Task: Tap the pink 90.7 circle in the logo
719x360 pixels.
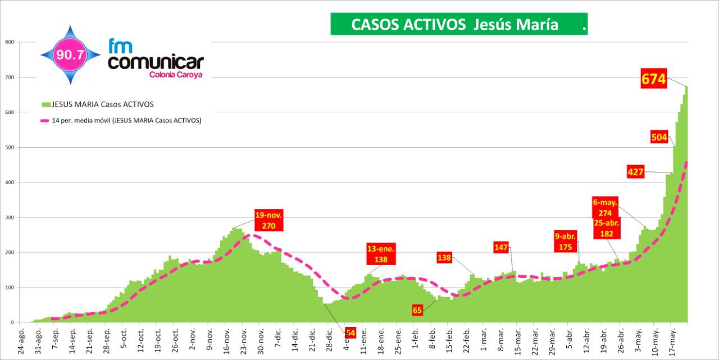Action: [x=70, y=55]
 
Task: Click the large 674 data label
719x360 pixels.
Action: [x=654, y=79]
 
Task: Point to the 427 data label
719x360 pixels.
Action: [x=635, y=172]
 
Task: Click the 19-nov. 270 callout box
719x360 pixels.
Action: [x=269, y=220]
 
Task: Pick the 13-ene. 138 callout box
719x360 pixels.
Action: [x=381, y=254]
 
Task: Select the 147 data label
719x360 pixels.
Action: [x=501, y=247]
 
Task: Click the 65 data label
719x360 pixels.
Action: [x=417, y=309]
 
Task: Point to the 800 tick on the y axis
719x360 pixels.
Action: [x=9, y=42]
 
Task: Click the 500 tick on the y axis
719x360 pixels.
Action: [x=9, y=147]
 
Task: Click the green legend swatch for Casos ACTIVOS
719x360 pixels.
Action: [x=46, y=104]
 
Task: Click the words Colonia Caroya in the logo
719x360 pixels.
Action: [x=176, y=74]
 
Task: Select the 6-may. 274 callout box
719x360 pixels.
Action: [x=605, y=208]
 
